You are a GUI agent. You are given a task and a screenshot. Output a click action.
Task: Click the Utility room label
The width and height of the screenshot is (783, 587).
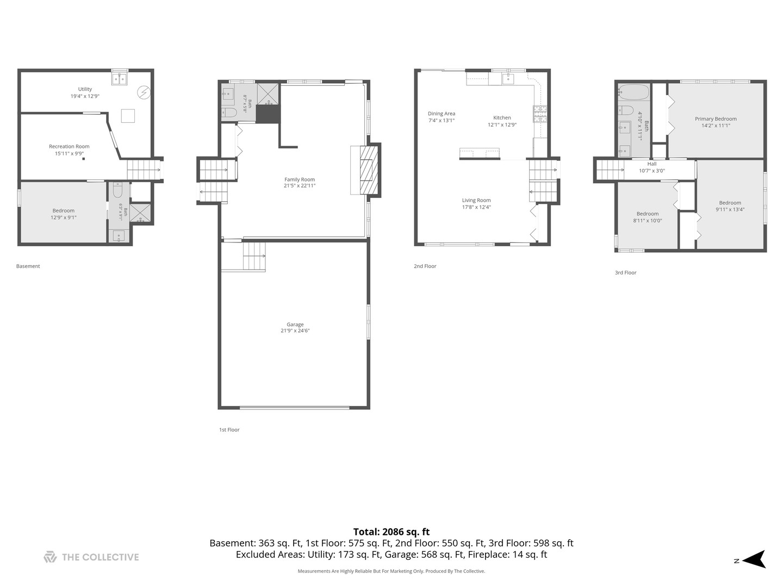pos(85,89)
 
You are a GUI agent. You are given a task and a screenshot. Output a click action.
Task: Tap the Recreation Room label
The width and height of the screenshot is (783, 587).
pos(69,147)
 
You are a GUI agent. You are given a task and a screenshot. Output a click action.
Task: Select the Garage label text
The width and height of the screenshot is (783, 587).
pos(295,324)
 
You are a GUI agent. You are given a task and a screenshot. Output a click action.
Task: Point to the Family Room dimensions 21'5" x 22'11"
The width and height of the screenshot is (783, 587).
pos(300,186)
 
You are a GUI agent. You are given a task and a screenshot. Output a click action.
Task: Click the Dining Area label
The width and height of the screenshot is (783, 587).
pos(442,114)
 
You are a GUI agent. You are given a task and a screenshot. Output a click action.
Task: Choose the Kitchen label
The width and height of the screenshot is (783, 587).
pos(502,117)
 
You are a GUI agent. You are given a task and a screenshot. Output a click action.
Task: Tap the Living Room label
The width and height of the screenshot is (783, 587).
pos(476,201)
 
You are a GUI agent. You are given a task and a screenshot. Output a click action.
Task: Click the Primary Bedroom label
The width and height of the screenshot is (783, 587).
pos(716,118)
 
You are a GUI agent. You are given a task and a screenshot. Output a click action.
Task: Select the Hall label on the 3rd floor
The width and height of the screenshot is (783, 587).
pos(652,164)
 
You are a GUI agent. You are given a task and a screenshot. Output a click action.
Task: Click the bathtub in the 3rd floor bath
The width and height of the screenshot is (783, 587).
pos(633,92)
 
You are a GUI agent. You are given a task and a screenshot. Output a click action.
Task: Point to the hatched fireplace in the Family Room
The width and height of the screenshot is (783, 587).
pos(369,170)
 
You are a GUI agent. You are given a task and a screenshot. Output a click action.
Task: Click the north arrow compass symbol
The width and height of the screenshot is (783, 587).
pos(755,559)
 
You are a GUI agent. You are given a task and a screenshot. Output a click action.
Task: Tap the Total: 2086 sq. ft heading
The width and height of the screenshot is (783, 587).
pos(391,532)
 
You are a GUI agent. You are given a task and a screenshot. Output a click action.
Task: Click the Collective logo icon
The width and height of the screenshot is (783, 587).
pos(50,557)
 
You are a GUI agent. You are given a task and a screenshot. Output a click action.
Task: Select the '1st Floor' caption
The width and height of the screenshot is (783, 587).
pos(229,430)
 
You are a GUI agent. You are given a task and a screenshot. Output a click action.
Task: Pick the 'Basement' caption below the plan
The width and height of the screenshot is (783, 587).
pos(28,266)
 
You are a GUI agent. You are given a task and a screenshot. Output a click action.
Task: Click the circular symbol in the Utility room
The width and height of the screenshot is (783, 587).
pos(144,93)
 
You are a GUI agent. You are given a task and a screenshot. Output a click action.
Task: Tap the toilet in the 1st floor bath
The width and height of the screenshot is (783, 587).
pos(229,113)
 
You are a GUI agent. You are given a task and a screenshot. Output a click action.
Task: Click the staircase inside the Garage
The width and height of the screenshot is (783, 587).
pos(254,256)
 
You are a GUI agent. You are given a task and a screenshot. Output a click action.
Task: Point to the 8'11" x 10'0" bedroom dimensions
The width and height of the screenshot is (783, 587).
pos(648,221)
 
